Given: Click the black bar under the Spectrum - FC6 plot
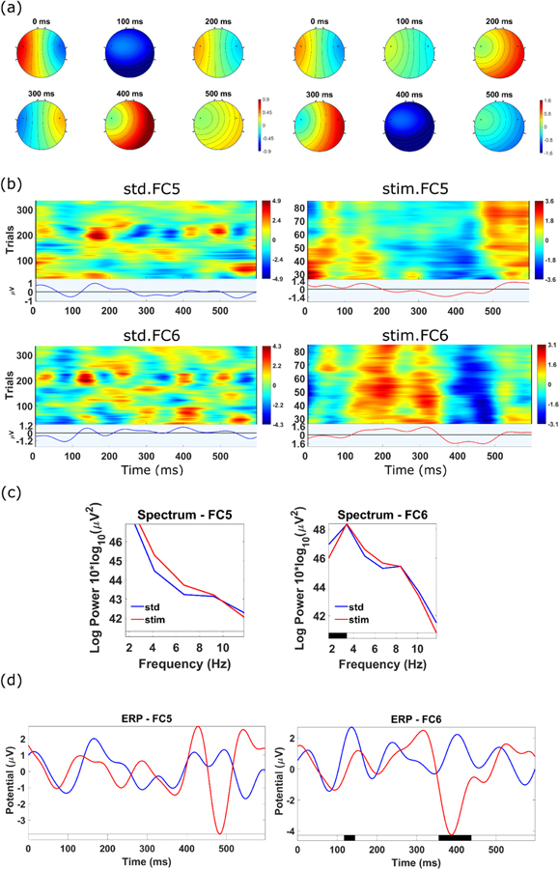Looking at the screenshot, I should click(337, 633).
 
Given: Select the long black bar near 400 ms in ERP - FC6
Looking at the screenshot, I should click(455, 837).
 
